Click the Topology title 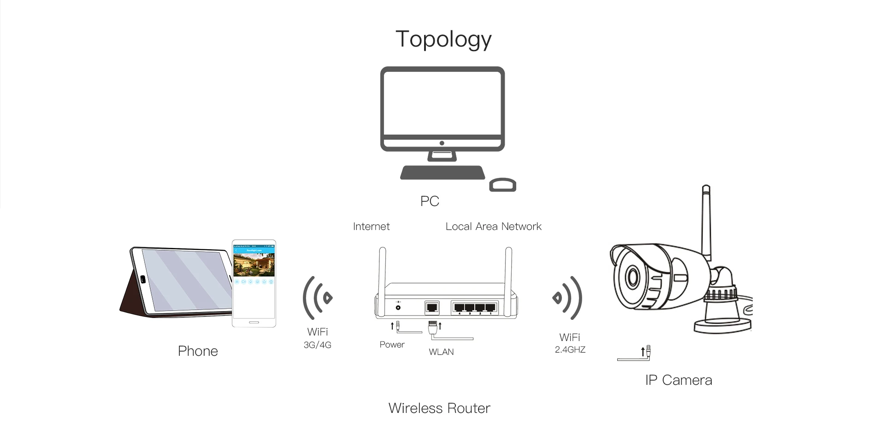[x=443, y=39]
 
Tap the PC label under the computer [x=430, y=201]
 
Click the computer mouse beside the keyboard [x=502, y=184]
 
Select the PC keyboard [x=442, y=173]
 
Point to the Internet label [x=371, y=227]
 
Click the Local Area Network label [x=493, y=227]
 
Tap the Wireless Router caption [x=439, y=408]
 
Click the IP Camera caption [x=678, y=380]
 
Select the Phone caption [x=198, y=351]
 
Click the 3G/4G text [x=317, y=345]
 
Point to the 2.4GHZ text [x=570, y=350]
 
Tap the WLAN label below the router [x=441, y=352]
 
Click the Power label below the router [x=392, y=345]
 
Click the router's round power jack [x=398, y=307]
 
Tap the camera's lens [x=633, y=277]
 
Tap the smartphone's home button [x=254, y=322]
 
